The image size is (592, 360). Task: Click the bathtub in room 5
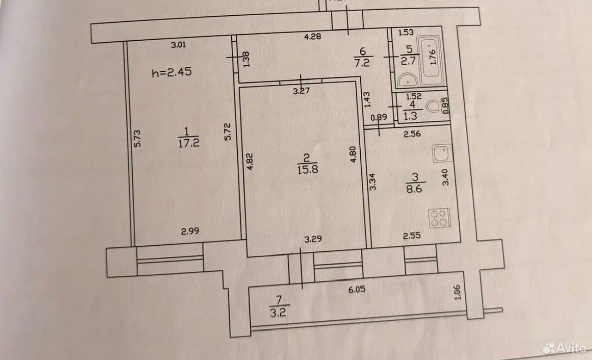431,60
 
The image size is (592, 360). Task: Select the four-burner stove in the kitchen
439,218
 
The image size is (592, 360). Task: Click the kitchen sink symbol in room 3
442,153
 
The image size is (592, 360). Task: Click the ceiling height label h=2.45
172,72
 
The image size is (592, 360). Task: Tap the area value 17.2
189,143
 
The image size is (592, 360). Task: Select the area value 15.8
308,169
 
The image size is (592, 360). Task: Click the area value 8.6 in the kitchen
414,189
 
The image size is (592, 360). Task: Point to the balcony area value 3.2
278,313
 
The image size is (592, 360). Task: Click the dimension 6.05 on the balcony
357,289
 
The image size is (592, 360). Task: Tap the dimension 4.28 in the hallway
312,36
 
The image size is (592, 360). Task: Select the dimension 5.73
137,138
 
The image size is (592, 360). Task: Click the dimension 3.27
301,91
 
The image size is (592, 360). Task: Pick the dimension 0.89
379,117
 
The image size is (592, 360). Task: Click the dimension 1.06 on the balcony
457,292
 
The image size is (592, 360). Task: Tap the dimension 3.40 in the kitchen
445,177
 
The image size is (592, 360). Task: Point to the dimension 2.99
190,231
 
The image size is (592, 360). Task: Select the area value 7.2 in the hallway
362,63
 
